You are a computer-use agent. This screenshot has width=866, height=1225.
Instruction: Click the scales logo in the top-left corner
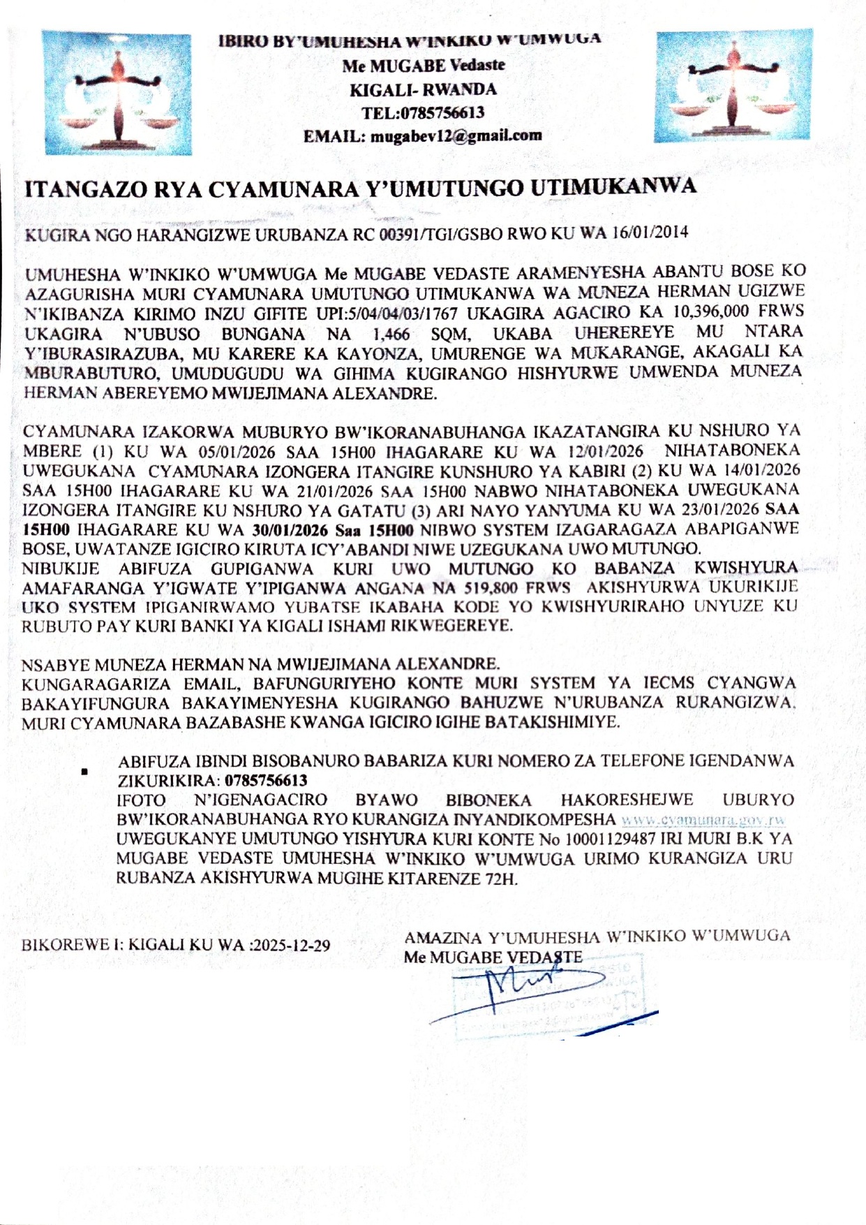click(117, 94)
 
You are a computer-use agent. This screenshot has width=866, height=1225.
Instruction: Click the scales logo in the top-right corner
click(733, 85)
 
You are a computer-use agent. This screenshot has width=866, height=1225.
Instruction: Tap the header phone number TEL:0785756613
click(422, 113)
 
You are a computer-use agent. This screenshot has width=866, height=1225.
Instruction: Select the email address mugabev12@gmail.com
click(456, 136)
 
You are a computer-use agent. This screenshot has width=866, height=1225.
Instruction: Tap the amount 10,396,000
click(727, 311)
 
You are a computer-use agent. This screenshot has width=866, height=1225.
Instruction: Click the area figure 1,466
click(391, 333)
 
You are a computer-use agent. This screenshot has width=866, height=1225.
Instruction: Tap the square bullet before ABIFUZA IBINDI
click(84, 772)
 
